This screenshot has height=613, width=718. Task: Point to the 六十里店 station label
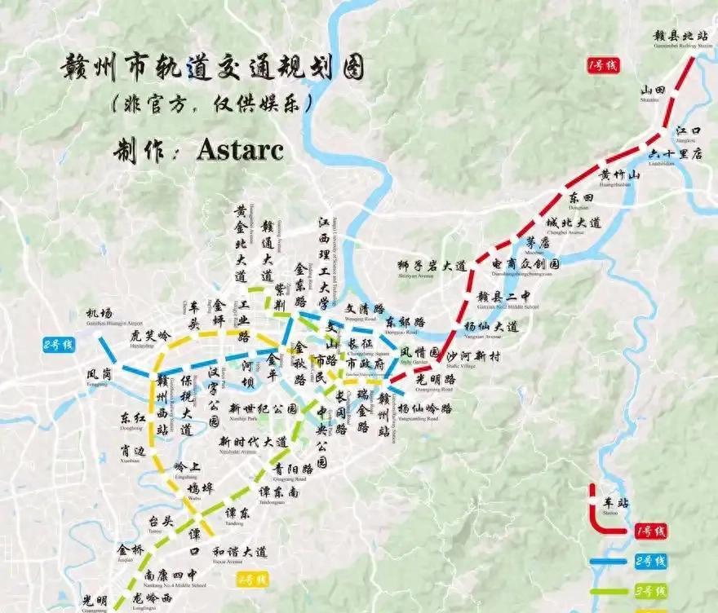674,154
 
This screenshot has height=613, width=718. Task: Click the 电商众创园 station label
526,265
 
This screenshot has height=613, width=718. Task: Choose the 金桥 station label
131,550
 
